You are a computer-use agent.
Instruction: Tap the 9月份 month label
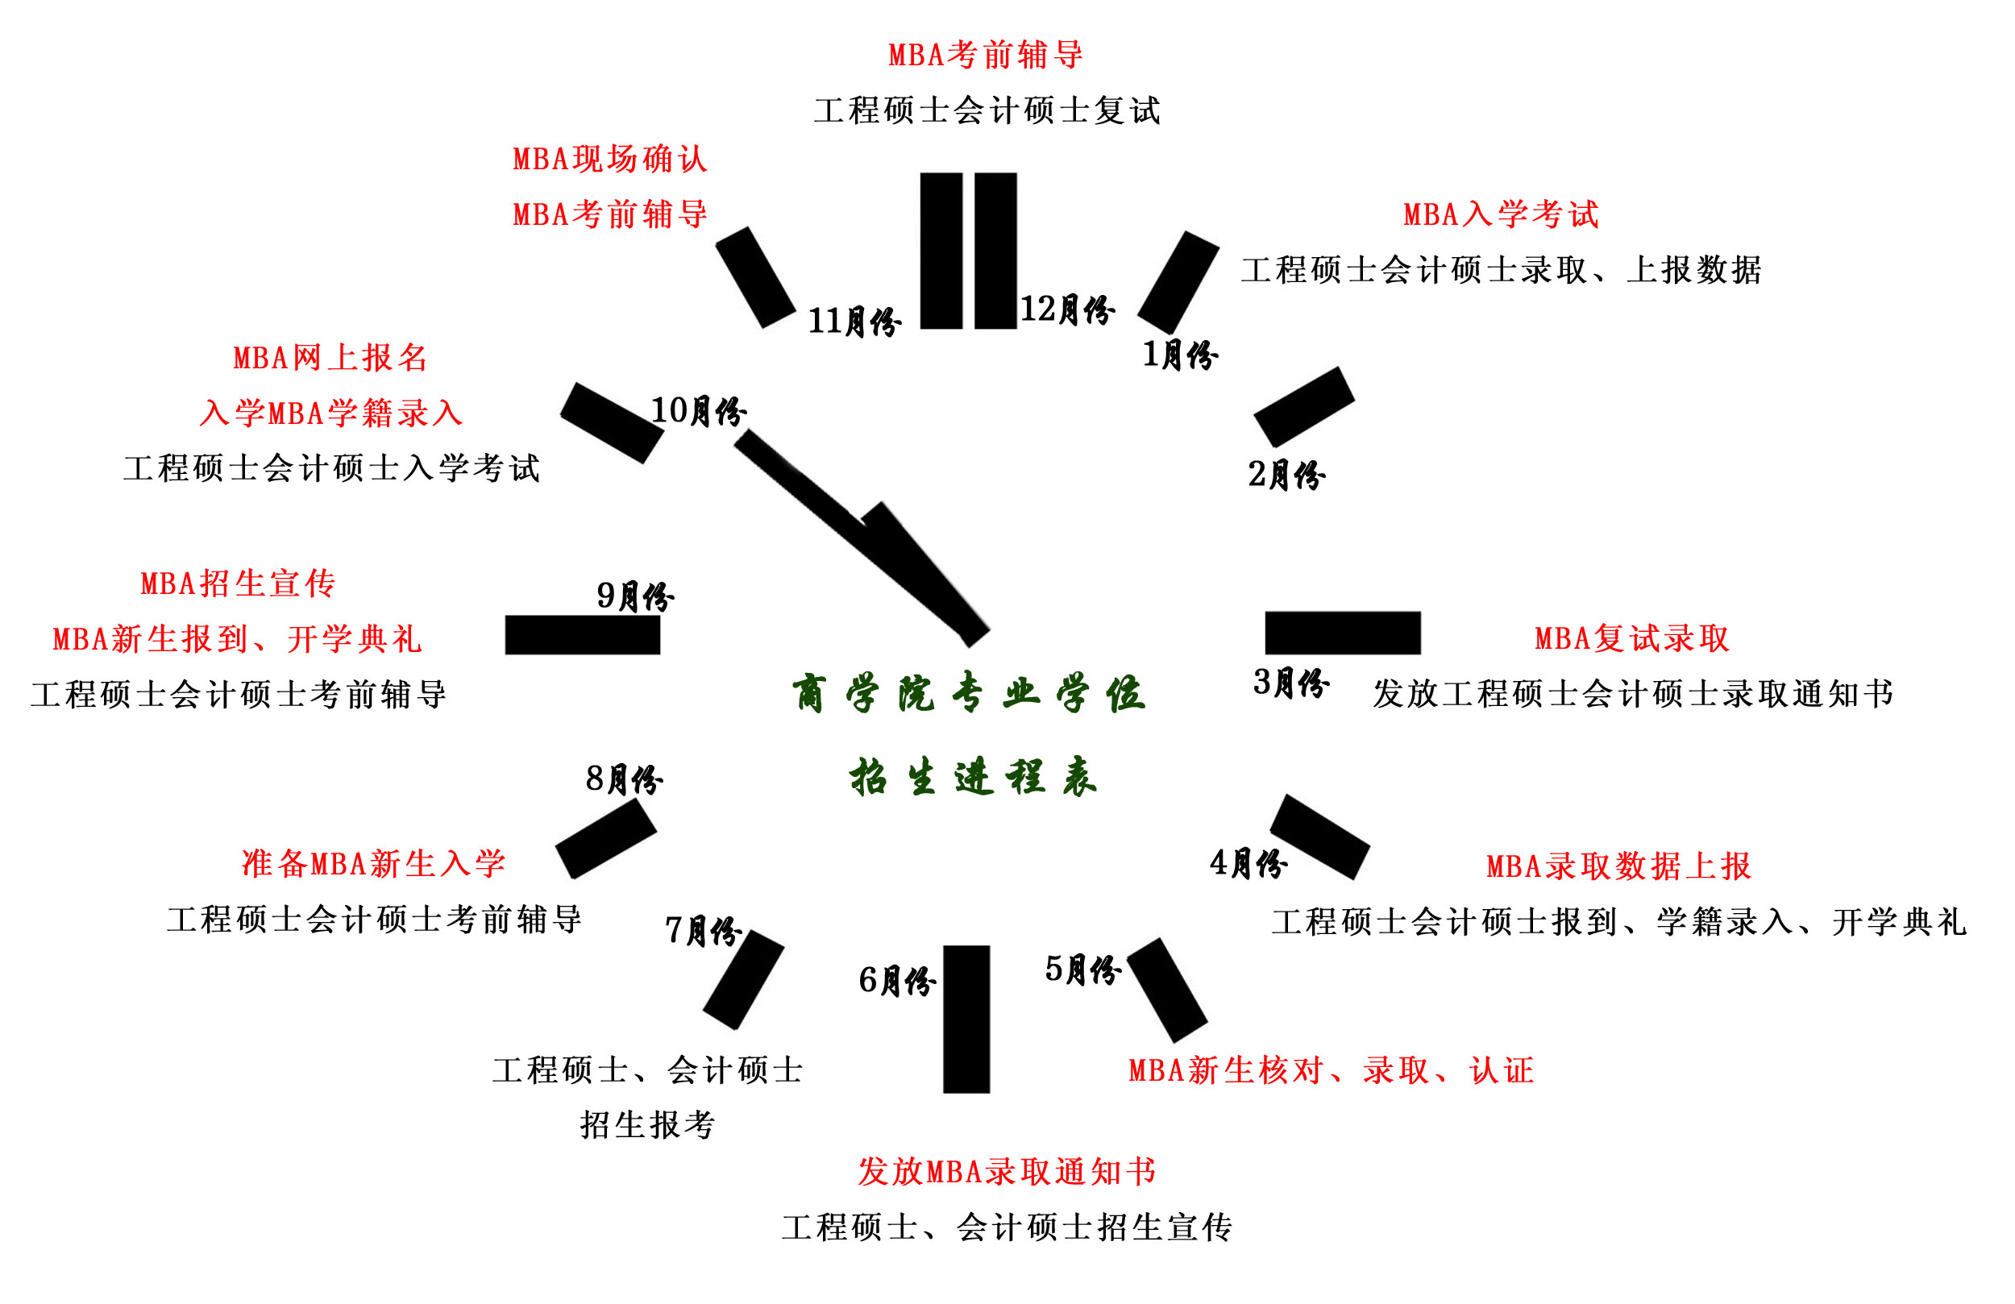point(635,596)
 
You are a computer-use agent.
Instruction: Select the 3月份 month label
point(1290,683)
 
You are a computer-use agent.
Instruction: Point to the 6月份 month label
point(896,981)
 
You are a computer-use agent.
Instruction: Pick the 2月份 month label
point(1286,475)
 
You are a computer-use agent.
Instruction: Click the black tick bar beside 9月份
point(583,635)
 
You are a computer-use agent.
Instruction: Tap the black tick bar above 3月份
point(1343,633)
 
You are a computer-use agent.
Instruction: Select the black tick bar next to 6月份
point(966,1020)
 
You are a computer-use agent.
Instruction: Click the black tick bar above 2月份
point(1304,407)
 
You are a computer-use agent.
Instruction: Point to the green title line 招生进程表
point(974,777)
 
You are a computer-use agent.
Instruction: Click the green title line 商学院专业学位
point(970,695)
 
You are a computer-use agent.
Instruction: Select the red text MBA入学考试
point(1501,214)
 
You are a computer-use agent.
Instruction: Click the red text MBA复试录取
point(1631,638)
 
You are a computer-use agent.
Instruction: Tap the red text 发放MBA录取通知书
point(1007,1172)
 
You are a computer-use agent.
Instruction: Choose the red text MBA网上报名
point(330,358)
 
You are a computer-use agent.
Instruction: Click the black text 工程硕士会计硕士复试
point(987,111)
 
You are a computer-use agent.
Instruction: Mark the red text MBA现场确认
point(610,160)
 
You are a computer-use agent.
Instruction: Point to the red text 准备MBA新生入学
point(373,864)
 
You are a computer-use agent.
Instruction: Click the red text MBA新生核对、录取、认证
point(1331,1071)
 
